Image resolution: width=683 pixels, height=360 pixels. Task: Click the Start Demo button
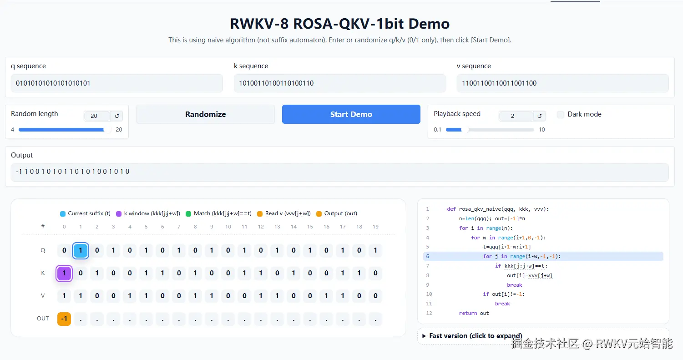pyautogui.click(x=351, y=114)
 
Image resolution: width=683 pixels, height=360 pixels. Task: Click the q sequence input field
pyautogui.click(x=117, y=83)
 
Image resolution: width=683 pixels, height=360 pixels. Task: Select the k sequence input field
pyautogui.click(x=339, y=83)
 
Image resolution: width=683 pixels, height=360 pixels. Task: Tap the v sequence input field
pyautogui.click(x=562, y=83)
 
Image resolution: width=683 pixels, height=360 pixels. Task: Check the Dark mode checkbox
pyautogui.click(x=561, y=115)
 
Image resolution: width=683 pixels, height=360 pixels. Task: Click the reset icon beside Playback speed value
pyautogui.click(x=539, y=116)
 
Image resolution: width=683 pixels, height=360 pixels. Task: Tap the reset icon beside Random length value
pyautogui.click(x=116, y=116)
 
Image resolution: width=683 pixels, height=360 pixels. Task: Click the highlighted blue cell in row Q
pyautogui.click(x=81, y=250)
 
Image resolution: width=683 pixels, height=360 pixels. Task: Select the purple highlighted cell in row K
pyautogui.click(x=64, y=274)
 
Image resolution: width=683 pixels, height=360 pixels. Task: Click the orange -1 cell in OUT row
pyautogui.click(x=64, y=319)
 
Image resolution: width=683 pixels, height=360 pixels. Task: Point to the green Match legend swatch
pyautogui.click(x=188, y=214)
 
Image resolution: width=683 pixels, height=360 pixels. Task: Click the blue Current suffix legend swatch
pyautogui.click(x=63, y=214)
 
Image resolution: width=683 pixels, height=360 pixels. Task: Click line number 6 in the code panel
pyautogui.click(x=427, y=256)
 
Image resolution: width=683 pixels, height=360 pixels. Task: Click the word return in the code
pyautogui.click(x=468, y=313)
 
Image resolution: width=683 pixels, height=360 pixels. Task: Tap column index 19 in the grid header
pyautogui.click(x=375, y=227)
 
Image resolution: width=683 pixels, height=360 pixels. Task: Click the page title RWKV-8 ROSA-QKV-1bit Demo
pyautogui.click(x=339, y=24)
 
